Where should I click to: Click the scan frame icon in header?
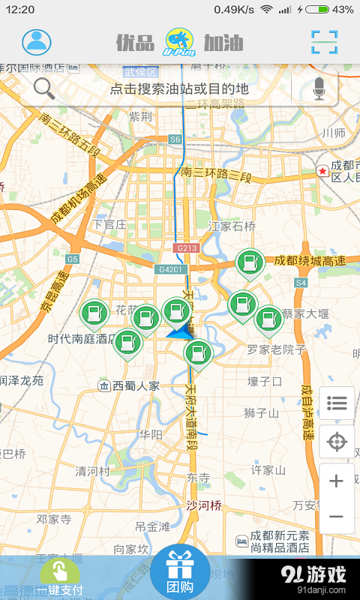pos(325,42)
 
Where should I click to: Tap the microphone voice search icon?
pos(319,88)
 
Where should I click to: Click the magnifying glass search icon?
pos(44,88)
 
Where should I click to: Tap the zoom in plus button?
pos(336,481)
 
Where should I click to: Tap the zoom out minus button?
pos(336,517)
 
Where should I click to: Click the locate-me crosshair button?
pos(336,442)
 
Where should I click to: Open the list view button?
pos(336,404)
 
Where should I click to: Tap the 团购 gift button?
pos(179,571)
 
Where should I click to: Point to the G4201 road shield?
pos(169,268)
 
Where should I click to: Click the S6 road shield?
pos(175,139)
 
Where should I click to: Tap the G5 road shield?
pos(72,259)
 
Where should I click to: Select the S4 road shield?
pos(301,283)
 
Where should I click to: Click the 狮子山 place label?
pos(261,412)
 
